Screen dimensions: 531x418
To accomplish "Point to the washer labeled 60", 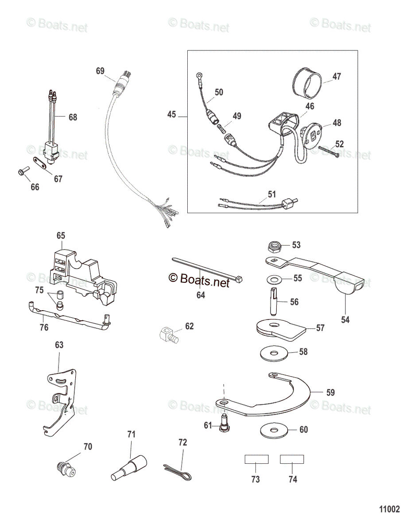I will [273, 430].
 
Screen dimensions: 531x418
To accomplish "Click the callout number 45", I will [171, 115].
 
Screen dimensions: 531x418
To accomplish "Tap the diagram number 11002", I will [389, 509].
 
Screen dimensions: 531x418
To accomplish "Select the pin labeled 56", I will [272, 299].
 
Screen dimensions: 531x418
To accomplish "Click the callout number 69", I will [100, 71].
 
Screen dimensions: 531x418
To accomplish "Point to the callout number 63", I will [59, 345].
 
